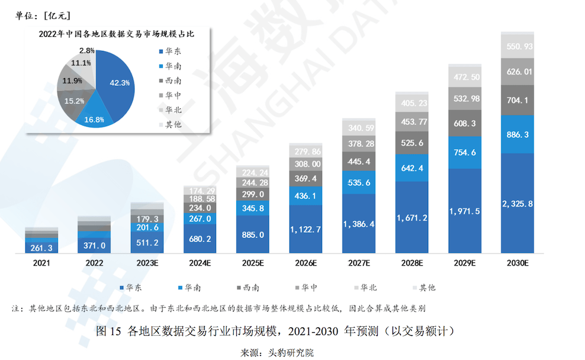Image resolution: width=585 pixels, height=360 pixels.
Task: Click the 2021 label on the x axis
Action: pyautogui.click(x=41, y=263)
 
